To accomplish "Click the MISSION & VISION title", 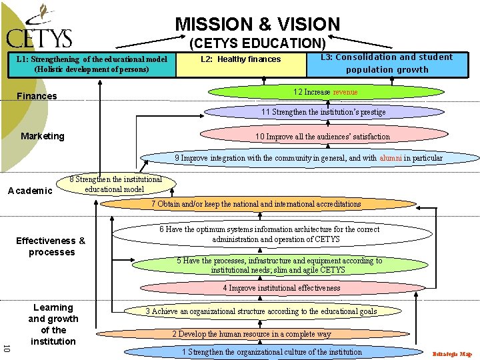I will tap(257, 25).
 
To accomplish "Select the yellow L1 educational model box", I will tap(91, 64).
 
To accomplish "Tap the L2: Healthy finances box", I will tap(241, 60).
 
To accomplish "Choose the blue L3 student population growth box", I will tap(387, 63).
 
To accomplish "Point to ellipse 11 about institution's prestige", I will tap(323, 112).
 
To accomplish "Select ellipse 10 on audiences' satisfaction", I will tap(323, 137).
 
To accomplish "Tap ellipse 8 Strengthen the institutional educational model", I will tap(115, 184).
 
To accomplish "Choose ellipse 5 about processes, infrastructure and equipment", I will tap(279, 265).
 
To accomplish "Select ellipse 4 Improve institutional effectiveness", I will tap(281, 289).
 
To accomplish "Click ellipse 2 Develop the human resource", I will tap(251, 334).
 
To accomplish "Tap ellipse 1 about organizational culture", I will tap(271, 352).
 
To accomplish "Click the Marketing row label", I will tap(43, 136).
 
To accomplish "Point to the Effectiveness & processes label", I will tap(51, 247).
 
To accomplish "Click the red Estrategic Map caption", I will tap(452, 354).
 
